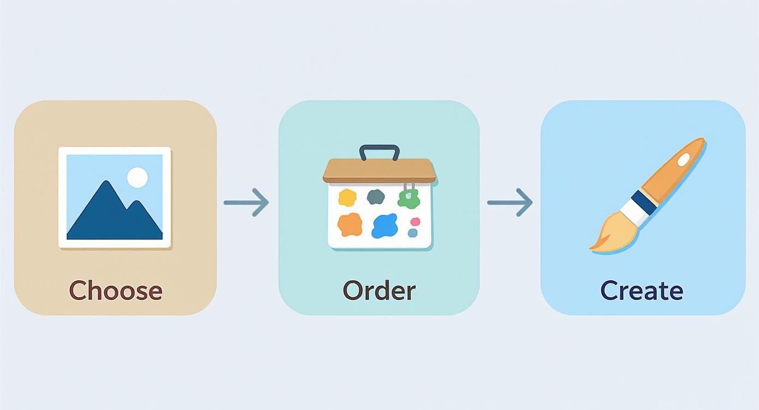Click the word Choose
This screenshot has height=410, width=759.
(116, 290)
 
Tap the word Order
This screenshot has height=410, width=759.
(379, 290)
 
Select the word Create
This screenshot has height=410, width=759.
(642, 290)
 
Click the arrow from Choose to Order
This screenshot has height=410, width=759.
(246, 202)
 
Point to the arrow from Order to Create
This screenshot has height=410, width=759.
(510, 202)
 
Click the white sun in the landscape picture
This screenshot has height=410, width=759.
(137, 178)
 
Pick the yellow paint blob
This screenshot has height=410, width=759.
(347, 197)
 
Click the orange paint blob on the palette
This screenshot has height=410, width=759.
(350, 224)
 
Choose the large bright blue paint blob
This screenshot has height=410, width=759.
(384, 226)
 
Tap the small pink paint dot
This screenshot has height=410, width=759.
(415, 221)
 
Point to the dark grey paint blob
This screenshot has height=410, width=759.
(376, 196)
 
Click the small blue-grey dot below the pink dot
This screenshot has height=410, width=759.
(413, 233)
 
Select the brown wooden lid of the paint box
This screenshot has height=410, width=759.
(379, 170)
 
